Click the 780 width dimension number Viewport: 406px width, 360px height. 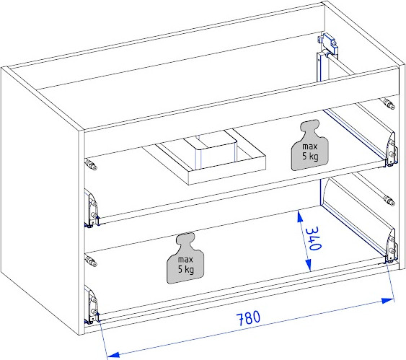click(249, 318)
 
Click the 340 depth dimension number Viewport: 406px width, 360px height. click(314, 239)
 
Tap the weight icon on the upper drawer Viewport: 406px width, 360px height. click(310, 145)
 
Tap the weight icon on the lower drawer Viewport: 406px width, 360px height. click(185, 258)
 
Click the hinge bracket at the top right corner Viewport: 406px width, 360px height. click(327, 45)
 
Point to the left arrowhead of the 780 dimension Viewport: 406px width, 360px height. click(113, 354)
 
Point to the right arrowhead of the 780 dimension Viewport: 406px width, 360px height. click(388, 301)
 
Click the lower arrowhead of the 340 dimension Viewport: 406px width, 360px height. click(309, 265)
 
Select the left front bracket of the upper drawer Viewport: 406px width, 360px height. click(92, 208)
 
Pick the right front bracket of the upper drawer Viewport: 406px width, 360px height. click(391, 149)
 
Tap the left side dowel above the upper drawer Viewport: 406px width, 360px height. click(91, 164)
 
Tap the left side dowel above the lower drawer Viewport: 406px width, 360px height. click(91, 260)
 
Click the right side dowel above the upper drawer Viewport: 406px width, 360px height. click(389, 104)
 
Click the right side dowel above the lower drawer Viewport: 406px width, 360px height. click(389, 200)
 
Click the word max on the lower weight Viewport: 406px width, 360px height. click(185, 260)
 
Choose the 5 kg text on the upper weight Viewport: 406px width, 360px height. click(310, 157)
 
